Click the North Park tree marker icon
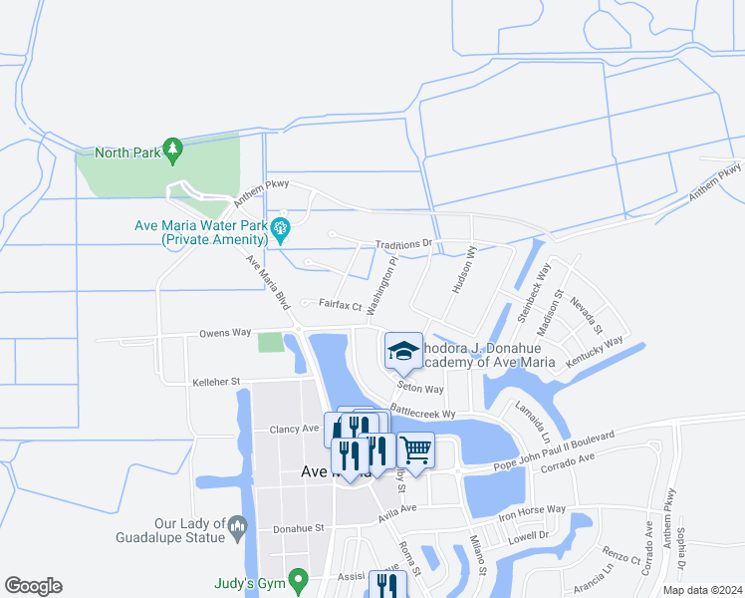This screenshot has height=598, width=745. point(173,150)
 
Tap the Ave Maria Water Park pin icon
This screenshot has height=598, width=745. point(280,228)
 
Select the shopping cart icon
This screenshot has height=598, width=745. point(415,450)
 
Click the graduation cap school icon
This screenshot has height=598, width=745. point(403,351)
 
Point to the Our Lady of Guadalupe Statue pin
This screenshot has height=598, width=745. point(237,525)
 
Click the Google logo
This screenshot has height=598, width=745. point(33,586)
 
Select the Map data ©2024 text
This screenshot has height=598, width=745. point(701,590)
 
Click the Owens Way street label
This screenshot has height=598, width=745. point(224,333)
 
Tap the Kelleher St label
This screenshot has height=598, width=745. point(216,382)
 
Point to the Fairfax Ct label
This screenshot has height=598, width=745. point(340,305)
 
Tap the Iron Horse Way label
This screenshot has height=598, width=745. point(532,512)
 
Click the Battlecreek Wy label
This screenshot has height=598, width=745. point(422,411)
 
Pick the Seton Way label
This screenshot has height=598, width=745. point(419,389)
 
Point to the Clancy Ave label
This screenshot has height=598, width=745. point(294,429)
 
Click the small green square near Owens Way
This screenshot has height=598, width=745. point(270,342)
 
